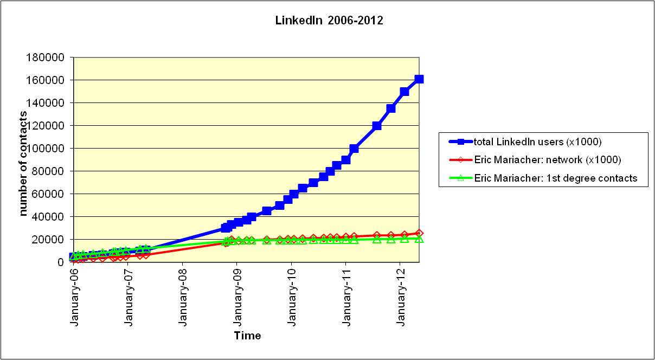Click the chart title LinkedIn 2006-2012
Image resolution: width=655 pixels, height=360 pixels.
coord(329,21)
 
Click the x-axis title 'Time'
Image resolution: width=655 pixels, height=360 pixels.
coord(247,336)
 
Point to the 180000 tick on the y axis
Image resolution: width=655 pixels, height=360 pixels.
coord(50,57)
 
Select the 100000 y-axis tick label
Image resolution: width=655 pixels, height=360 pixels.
coord(50,149)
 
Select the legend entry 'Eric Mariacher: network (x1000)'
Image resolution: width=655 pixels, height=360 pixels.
coord(547,160)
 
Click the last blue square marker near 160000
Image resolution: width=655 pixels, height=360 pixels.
coord(419,79)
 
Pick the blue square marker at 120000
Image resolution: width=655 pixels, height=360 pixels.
coord(377,126)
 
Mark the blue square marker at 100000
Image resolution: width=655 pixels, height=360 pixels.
coord(354,149)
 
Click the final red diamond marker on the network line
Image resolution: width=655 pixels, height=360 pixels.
coord(419,233)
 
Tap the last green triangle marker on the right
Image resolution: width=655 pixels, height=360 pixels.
coord(419,239)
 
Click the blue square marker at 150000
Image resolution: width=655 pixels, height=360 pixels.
coord(404,92)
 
